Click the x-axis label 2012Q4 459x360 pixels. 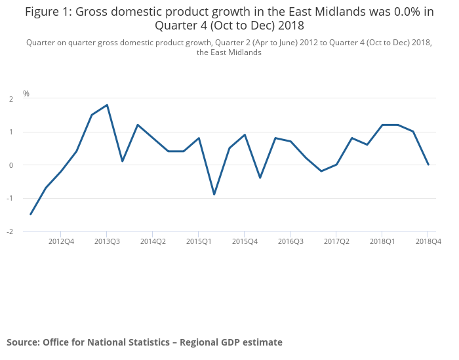coord(61,241)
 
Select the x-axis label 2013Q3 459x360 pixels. coord(107,241)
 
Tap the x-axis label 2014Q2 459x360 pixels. coord(153,241)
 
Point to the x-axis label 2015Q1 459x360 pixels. coord(199,241)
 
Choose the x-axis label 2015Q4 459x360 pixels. coord(245,241)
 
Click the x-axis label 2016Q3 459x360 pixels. coord(290,241)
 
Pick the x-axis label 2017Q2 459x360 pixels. coord(336,241)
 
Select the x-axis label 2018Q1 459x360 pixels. coord(382,241)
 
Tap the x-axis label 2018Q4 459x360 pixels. coord(428,241)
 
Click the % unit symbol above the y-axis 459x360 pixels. coord(26,94)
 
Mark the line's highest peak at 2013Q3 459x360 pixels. coord(107,105)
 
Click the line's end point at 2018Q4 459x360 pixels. coord(428,165)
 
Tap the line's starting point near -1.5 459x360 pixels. coord(31,214)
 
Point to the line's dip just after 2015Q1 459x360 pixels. coord(214,194)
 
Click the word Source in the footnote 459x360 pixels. coord(22,342)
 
